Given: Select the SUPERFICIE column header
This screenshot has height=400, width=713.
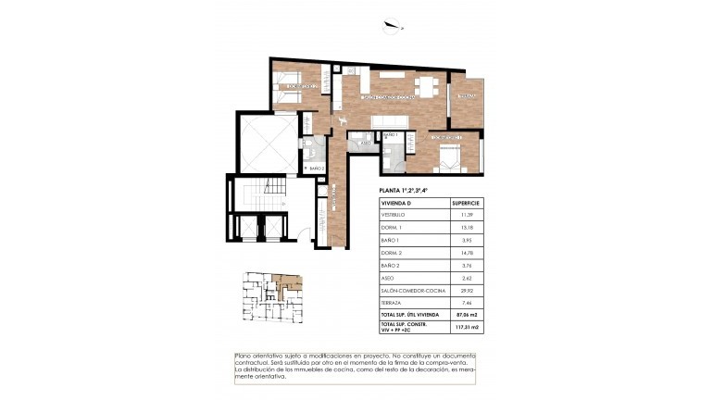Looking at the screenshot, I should (x=464, y=202).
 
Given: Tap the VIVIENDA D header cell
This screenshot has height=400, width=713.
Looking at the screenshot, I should (x=396, y=202).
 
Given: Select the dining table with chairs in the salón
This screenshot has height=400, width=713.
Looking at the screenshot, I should (x=427, y=86).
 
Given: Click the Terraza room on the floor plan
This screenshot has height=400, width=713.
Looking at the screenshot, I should (x=465, y=97).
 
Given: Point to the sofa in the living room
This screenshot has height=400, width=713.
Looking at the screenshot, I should (x=387, y=122).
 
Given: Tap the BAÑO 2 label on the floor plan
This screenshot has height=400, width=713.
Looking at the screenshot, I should (x=315, y=168).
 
